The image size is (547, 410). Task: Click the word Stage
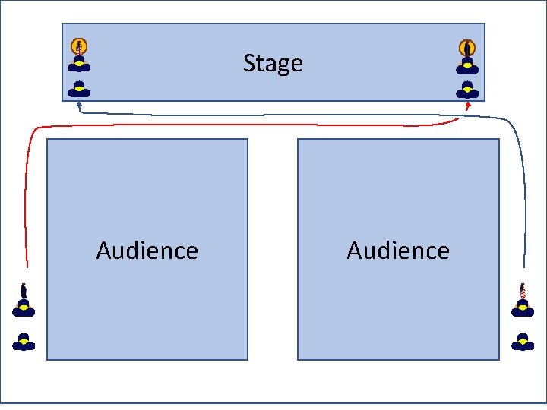(273, 63)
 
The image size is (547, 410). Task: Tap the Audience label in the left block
(147, 251)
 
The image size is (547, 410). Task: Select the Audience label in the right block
(398, 251)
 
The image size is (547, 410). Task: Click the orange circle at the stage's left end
(79, 46)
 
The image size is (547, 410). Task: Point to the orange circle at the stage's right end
(467, 47)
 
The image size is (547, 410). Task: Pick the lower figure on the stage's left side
(79, 88)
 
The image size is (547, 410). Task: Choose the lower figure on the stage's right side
(467, 90)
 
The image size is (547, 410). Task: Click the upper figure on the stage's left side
(79, 64)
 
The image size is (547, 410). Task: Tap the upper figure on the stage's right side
(467, 65)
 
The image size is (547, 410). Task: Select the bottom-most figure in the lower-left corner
(24, 342)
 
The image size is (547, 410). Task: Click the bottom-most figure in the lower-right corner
(523, 342)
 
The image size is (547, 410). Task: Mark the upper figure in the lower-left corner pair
(24, 307)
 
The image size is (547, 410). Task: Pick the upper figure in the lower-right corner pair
(523, 307)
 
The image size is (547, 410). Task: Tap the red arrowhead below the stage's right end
(468, 106)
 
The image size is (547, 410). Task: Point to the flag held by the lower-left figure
(24, 290)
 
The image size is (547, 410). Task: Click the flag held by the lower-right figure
(523, 289)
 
